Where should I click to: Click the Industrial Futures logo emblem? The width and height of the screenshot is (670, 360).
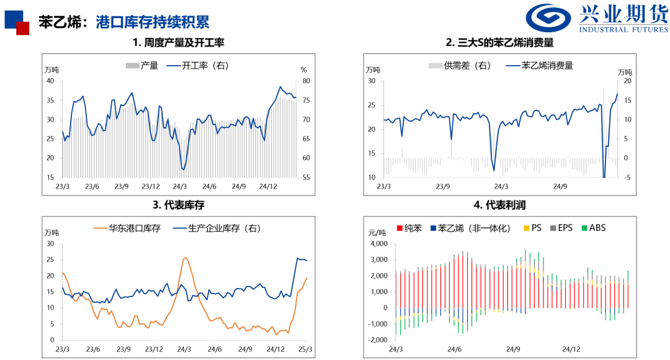tap(548, 19)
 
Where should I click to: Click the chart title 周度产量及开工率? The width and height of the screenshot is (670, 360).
tap(178, 43)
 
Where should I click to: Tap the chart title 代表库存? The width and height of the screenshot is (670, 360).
tap(179, 205)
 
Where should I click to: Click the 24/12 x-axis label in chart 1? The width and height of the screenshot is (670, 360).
tap(268, 186)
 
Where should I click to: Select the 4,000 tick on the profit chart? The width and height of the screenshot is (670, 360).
tap(378, 243)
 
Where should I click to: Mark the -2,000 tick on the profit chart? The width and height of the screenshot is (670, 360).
tap(377, 340)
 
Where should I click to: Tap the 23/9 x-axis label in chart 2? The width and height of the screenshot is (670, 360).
tap(442, 186)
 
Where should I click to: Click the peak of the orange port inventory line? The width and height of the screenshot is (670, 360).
tap(185, 258)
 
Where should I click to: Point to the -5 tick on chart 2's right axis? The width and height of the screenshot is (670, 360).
tap(627, 178)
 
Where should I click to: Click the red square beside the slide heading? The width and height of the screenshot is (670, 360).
tap(23, 28)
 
